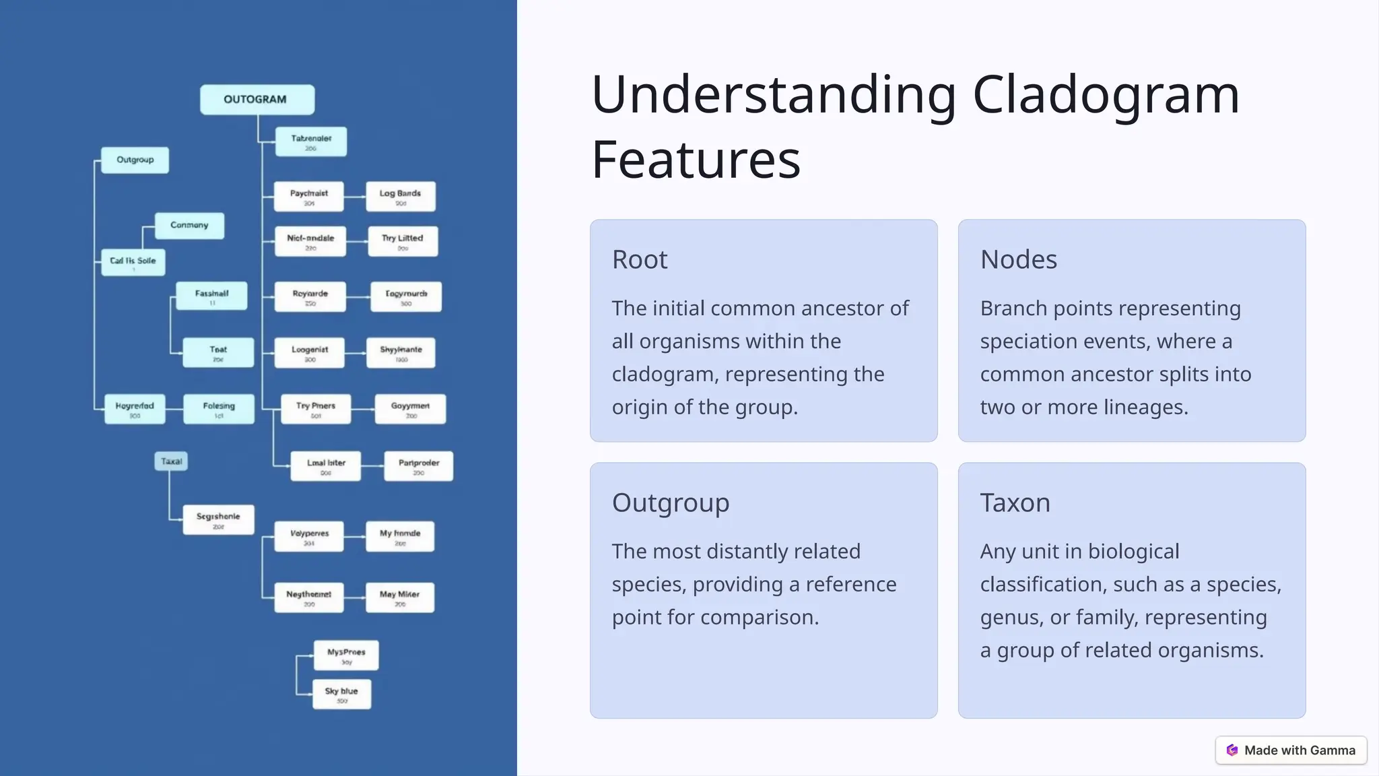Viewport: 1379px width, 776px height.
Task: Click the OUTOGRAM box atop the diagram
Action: point(257,100)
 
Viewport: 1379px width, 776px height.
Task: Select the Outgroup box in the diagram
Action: point(135,160)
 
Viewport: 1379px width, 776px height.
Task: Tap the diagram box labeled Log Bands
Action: point(401,197)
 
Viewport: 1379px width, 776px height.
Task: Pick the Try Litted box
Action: point(403,241)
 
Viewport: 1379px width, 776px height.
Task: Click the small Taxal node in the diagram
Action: point(171,461)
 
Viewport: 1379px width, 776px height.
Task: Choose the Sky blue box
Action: point(341,694)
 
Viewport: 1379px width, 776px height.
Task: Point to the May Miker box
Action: point(400,597)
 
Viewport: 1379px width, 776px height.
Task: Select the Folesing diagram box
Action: point(219,409)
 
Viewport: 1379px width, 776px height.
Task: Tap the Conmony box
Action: point(189,226)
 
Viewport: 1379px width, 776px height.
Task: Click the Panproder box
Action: point(418,466)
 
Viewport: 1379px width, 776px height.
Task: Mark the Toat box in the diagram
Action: point(218,352)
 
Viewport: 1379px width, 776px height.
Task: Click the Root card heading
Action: point(640,260)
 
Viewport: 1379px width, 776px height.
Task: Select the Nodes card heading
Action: point(1018,260)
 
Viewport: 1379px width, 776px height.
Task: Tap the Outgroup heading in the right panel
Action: point(671,503)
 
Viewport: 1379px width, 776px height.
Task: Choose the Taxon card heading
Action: point(1015,503)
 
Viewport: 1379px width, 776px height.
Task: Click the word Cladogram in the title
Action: point(1106,95)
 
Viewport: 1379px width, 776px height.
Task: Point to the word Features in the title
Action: point(696,160)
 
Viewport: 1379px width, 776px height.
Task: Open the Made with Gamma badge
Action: point(1291,750)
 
